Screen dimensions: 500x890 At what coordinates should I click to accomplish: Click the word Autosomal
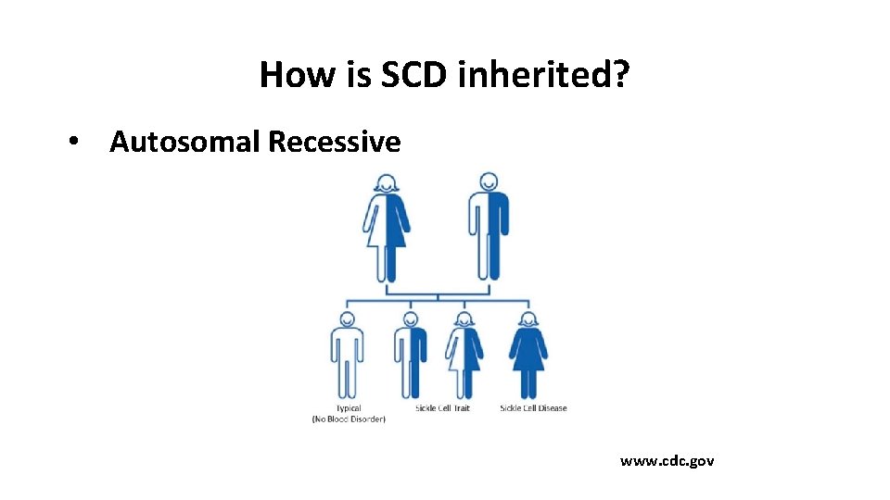click(185, 142)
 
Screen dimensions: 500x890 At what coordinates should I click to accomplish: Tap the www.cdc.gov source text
click(667, 460)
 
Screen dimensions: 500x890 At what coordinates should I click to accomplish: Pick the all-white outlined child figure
click(347, 356)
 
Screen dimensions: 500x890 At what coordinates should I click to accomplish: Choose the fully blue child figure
click(528, 356)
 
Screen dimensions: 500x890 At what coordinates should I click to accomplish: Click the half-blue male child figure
click(410, 356)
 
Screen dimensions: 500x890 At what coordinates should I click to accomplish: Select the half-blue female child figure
click(464, 356)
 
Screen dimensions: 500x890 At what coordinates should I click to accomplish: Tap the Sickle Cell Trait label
click(442, 408)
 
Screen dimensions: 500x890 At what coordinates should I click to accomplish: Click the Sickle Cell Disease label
click(533, 408)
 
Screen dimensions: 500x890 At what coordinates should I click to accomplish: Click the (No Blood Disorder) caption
click(349, 419)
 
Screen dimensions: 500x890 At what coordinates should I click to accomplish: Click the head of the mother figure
click(387, 182)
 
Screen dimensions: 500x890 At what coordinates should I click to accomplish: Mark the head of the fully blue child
click(528, 319)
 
